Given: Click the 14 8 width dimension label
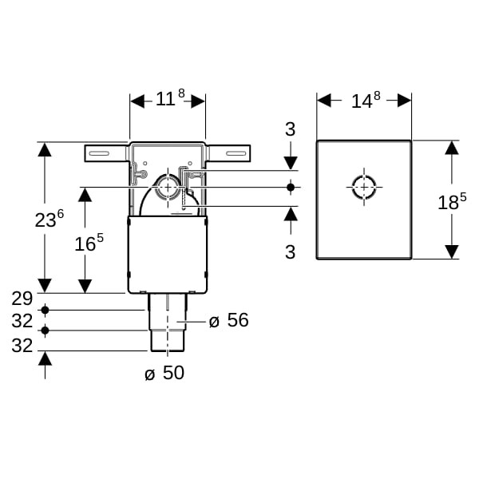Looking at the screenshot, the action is pyautogui.click(x=366, y=100).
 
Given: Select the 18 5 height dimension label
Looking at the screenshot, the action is pyautogui.click(x=452, y=201).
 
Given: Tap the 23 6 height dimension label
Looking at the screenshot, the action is pyautogui.click(x=49, y=219).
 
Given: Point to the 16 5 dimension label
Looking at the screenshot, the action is pyautogui.click(x=89, y=243).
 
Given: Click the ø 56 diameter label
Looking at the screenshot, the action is pyautogui.click(x=229, y=320).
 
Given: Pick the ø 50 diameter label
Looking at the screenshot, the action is pyautogui.click(x=164, y=373).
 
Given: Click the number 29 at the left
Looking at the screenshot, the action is pyautogui.click(x=22, y=299).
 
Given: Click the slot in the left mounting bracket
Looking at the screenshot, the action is pyautogui.click(x=99, y=153).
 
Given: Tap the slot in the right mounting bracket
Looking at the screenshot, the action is pyautogui.click(x=236, y=153).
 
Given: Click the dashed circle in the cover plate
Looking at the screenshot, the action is pyautogui.click(x=364, y=187).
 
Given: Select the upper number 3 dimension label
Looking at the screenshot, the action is pyautogui.click(x=291, y=129).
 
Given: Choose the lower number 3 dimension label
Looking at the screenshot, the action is pyautogui.click(x=291, y=252).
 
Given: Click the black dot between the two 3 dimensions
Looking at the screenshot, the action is pyautogui.click(x=291, y=187).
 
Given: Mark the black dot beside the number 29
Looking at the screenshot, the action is pyautogui.click(x=46, y=311).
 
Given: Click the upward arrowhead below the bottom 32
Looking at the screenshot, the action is pyautogui.click(x=46, y=358).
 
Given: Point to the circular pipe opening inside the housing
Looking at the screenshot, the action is pyautogui.click(x=167, y=187).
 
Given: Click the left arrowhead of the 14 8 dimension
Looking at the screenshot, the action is pyautogui.click(x=324, y=101).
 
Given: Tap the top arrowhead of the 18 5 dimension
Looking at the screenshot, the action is pyautogui.click(x=452, y=148).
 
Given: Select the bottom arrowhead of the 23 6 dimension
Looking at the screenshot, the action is pyautogui.click(x=45, y=286).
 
